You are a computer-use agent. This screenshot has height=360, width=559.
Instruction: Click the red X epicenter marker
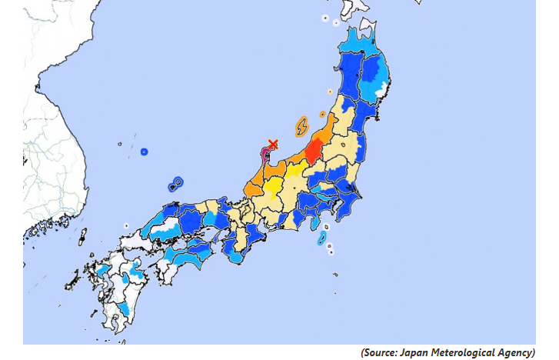click(x=272, y=144)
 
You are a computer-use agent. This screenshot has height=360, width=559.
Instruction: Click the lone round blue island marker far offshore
click(x=144, y=152)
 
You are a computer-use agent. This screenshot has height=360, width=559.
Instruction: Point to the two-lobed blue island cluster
click(x=176, y=184)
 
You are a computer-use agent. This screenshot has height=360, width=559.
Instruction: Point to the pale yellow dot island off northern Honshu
click(x=330, y=92)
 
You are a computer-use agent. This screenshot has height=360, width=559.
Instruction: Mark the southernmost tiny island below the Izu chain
click(x=333, y=275)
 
